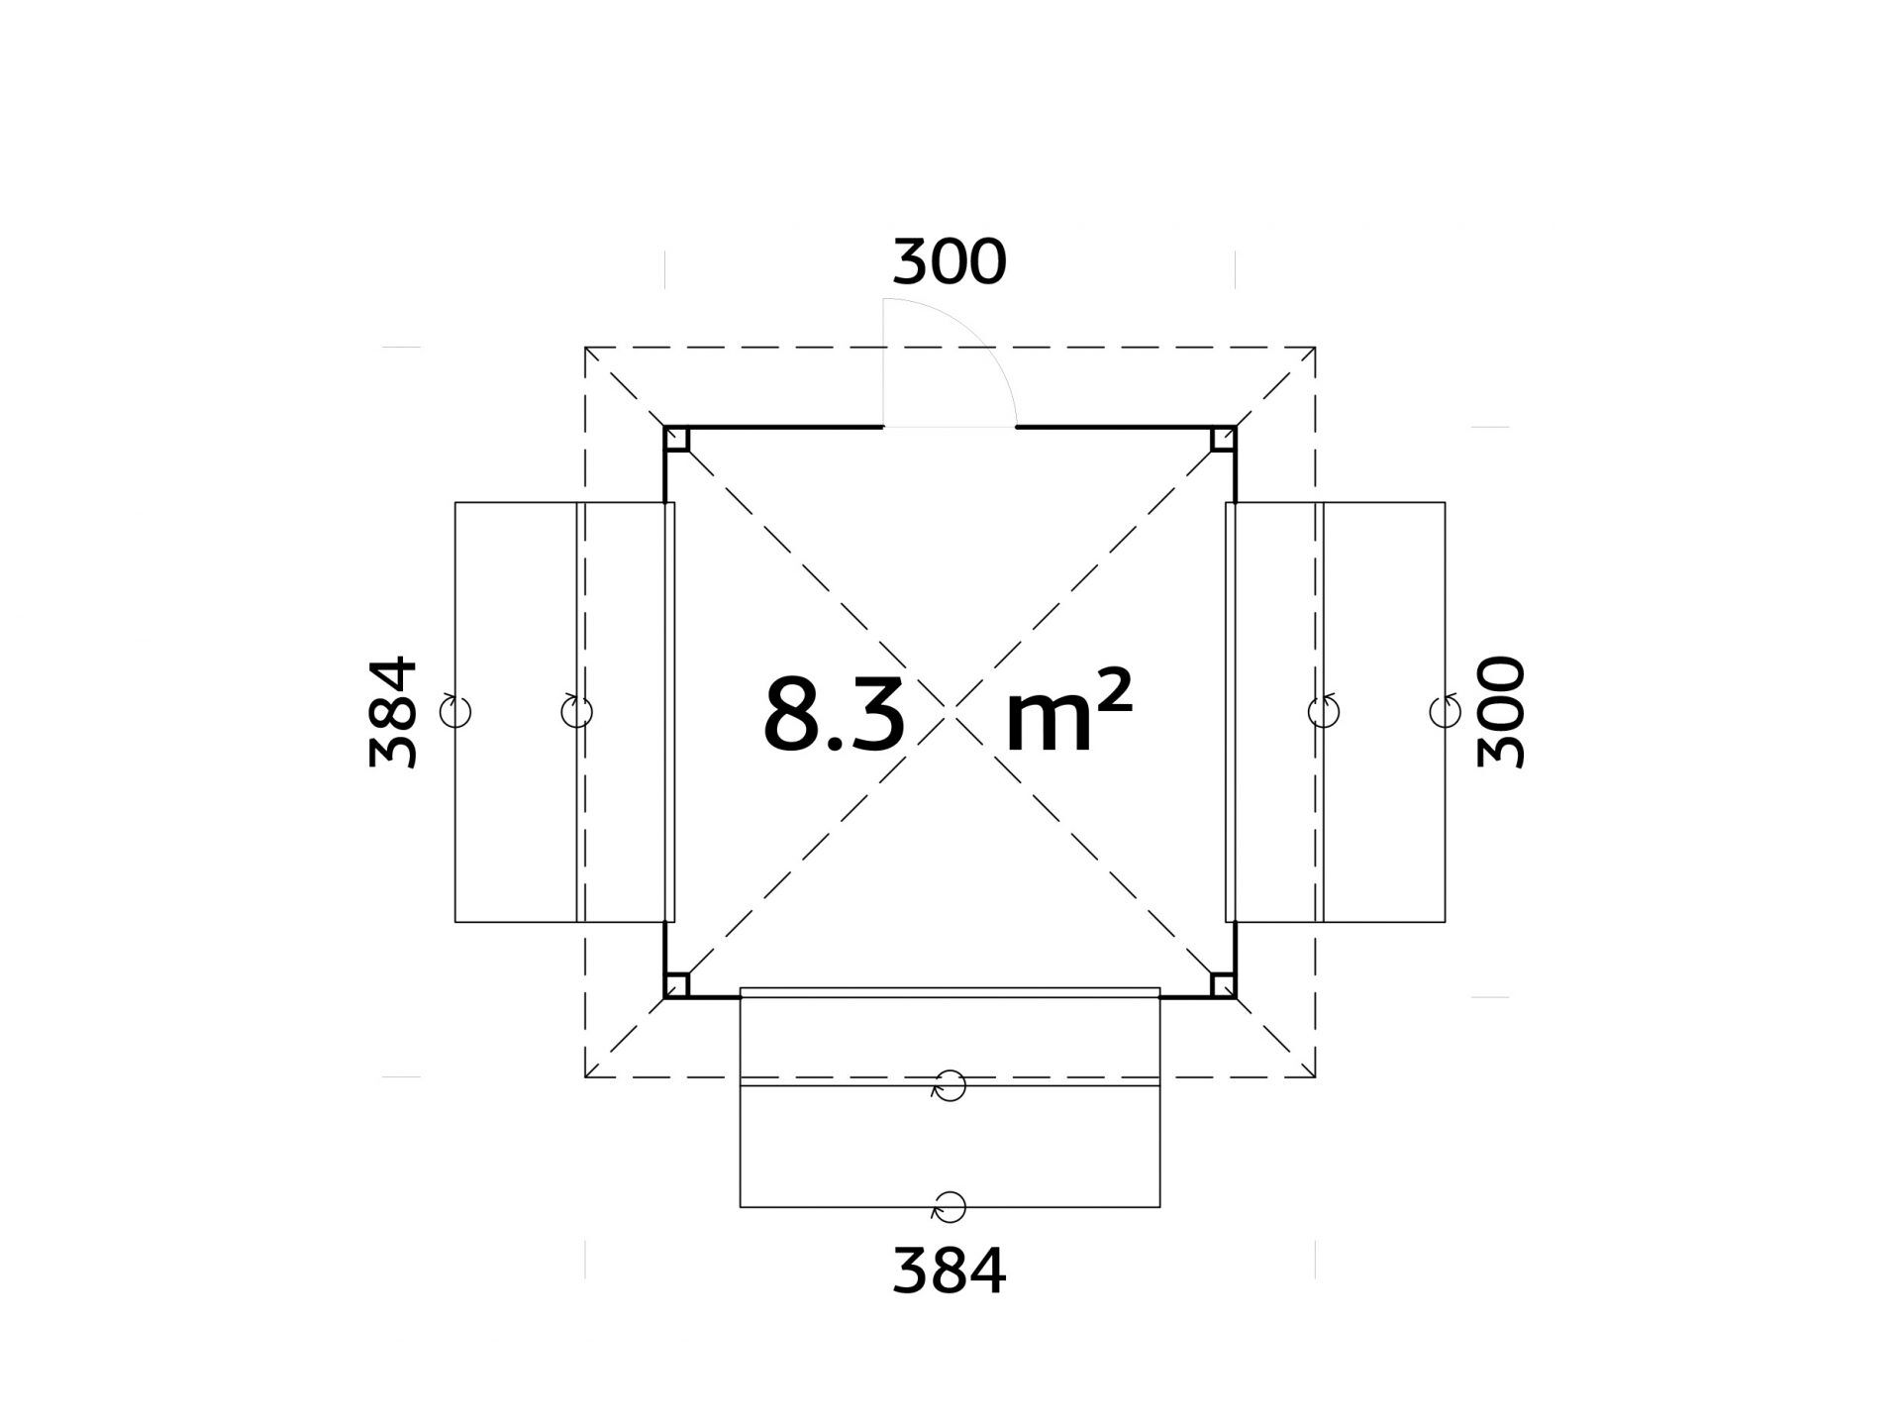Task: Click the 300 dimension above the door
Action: (x=949, y=262)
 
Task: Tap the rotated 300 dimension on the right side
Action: (x=1500, y=712)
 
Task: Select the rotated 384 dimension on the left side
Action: (x=392, y=712)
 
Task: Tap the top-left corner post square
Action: (x=677, y=439)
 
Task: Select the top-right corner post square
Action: (x=1223, y=439)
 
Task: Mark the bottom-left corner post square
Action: (x=677, y=985)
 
